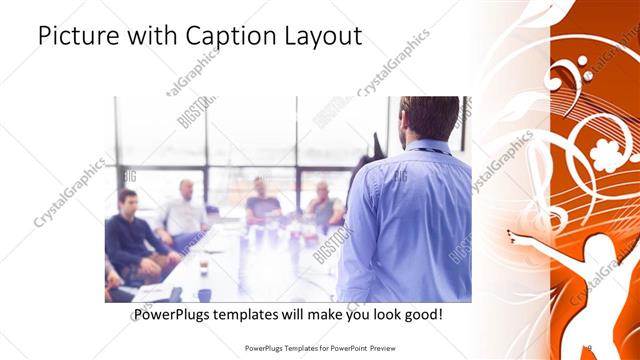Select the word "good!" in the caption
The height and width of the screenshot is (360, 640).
[x=422, y=314]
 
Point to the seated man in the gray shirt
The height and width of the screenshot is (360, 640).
[x=323, y=205]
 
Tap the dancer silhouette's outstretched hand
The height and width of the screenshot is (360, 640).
[x=512, y=236]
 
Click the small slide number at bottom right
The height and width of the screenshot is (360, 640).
[x=590, y=348]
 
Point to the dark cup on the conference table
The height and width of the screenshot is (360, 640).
[x=204, y=267]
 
